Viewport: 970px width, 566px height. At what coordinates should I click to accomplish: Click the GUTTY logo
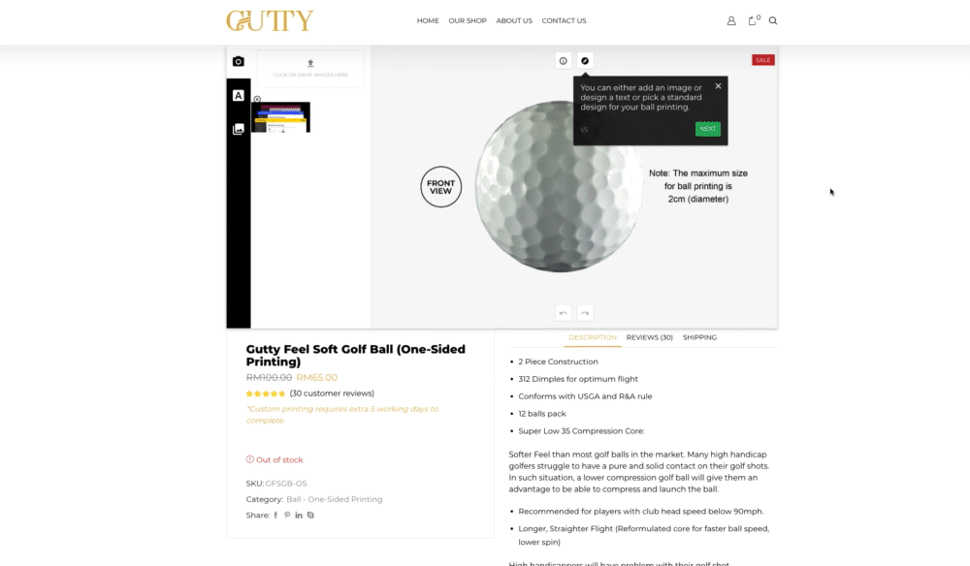(270, 20)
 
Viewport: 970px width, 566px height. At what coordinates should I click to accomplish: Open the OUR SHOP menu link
(468, 20)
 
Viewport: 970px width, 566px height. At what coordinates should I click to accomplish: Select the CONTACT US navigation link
(564, 20)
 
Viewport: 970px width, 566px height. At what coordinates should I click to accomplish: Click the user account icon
(731, 20)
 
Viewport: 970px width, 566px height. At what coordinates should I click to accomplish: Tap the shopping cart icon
(753, 20)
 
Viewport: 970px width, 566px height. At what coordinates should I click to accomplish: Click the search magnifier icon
(773, 20)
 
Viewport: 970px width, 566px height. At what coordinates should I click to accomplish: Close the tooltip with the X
(718, 86)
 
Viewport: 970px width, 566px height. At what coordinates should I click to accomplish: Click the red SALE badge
(763, 60)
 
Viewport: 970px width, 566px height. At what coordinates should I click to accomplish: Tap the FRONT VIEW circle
(440, 187)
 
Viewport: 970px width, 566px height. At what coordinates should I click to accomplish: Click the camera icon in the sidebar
(239, 61)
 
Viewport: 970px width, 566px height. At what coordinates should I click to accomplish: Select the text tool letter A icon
(239, 95)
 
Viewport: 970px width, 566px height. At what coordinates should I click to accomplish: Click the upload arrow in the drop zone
(310, 64)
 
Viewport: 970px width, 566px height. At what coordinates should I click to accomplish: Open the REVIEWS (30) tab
(649, 337)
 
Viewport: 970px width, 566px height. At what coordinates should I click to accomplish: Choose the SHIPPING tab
(699, 337)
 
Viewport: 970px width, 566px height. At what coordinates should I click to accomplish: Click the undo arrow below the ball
(564, 312)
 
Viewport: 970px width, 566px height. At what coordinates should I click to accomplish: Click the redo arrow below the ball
(585, 312)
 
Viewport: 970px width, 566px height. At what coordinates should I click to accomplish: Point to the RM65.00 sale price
(316, 377)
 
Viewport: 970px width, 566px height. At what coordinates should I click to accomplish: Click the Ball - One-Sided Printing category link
(334, 499)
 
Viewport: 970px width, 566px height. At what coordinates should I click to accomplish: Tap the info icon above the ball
(564, 60)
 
